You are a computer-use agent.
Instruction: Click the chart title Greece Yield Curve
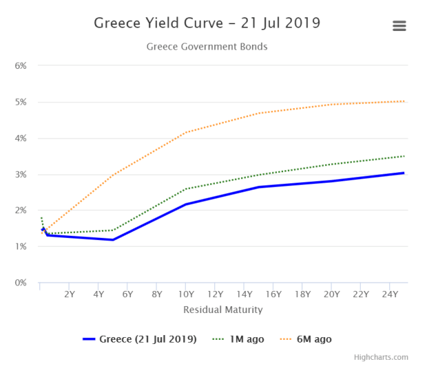(x=207, y=23)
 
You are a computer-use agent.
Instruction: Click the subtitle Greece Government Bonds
(x=207, y=47)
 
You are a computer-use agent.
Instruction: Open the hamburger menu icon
(x=399, y=26)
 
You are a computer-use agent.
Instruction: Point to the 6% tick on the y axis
(x=20, y=66)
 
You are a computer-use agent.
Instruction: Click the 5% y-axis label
(x=20, y=102)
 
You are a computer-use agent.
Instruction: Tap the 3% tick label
(x=20, y=174)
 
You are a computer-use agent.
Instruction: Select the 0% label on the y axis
(x=20, y=283)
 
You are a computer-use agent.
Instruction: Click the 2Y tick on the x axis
(x=70, y=294)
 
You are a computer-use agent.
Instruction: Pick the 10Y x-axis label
(x=186, y=294)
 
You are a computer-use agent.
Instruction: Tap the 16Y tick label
(x=273, y=294)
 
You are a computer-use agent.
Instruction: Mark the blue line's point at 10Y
(x=186, y=204)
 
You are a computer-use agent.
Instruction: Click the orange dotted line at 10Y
(x=186, y=132)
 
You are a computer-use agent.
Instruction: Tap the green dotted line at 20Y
(x=332, y=164)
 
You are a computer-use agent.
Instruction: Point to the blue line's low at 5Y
(x=113, y=240)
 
